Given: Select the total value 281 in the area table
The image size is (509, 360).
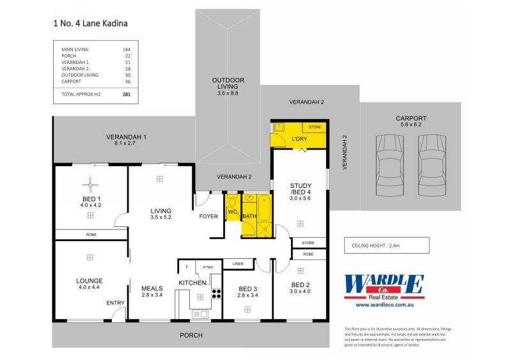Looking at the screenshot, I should (x=126, y=93).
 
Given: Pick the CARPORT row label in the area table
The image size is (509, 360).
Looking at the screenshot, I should (x=71, y=81).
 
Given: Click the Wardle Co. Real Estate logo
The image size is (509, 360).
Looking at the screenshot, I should (x=384, y=286).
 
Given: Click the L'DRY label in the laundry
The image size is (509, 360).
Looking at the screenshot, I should (x=299, y=139).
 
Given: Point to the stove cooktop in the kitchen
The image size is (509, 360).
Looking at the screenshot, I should (x=216, y=295).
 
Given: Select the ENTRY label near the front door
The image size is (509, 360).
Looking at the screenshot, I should (x=115, y=303).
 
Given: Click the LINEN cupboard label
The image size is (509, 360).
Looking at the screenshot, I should (x=238, y=263).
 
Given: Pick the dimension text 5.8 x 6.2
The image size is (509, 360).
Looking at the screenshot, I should (x=411, y=126).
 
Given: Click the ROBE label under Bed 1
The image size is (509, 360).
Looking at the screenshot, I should (x=91, y=235).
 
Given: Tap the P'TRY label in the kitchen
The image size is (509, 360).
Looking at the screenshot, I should (x=207, y=267).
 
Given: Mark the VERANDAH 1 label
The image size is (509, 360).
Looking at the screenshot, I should (x=126, y=137).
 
